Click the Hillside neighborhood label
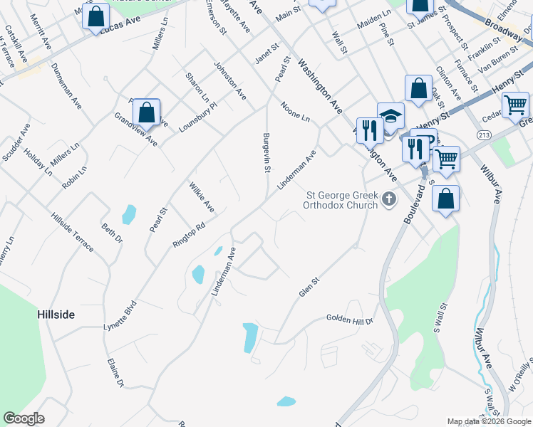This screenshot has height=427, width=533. point(56,314)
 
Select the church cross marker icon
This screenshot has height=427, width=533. point(389,199)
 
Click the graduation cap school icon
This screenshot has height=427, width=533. point(390,115)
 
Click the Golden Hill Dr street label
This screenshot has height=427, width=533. point(350,320)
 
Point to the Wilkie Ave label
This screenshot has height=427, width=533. point(202,197)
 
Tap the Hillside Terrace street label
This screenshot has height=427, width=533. point(71,232)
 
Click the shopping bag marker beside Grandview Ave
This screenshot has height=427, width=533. point(146,112)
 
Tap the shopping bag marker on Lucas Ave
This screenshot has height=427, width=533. point(95,16)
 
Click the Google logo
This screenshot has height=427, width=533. point(24,418)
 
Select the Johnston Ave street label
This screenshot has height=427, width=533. point(229,80)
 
